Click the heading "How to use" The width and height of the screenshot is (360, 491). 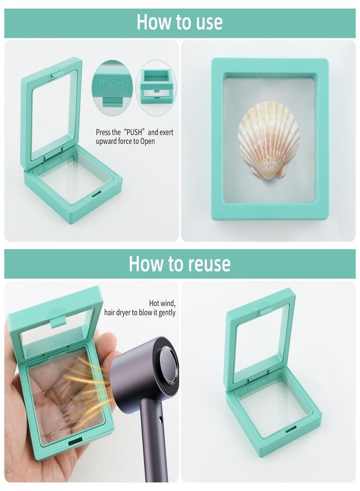(x=179, y=22)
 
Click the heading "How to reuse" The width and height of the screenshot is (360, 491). (x=179, y=264)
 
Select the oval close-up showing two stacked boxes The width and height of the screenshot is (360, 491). (x=156, y=88)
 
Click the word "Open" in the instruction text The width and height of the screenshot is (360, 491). (x=147, y=141)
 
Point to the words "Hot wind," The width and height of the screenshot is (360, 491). (x=162, y=303)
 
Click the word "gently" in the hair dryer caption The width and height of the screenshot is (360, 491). (x=167, y=313)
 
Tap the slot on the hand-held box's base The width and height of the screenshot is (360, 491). (x=75, y=442)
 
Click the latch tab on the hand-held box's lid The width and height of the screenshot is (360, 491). (x=58, y=321)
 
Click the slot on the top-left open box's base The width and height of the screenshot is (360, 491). (x=97, y=194)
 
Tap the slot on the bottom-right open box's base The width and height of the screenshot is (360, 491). (x=291, y=430)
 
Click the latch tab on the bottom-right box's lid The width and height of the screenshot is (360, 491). (x=265, y=312)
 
